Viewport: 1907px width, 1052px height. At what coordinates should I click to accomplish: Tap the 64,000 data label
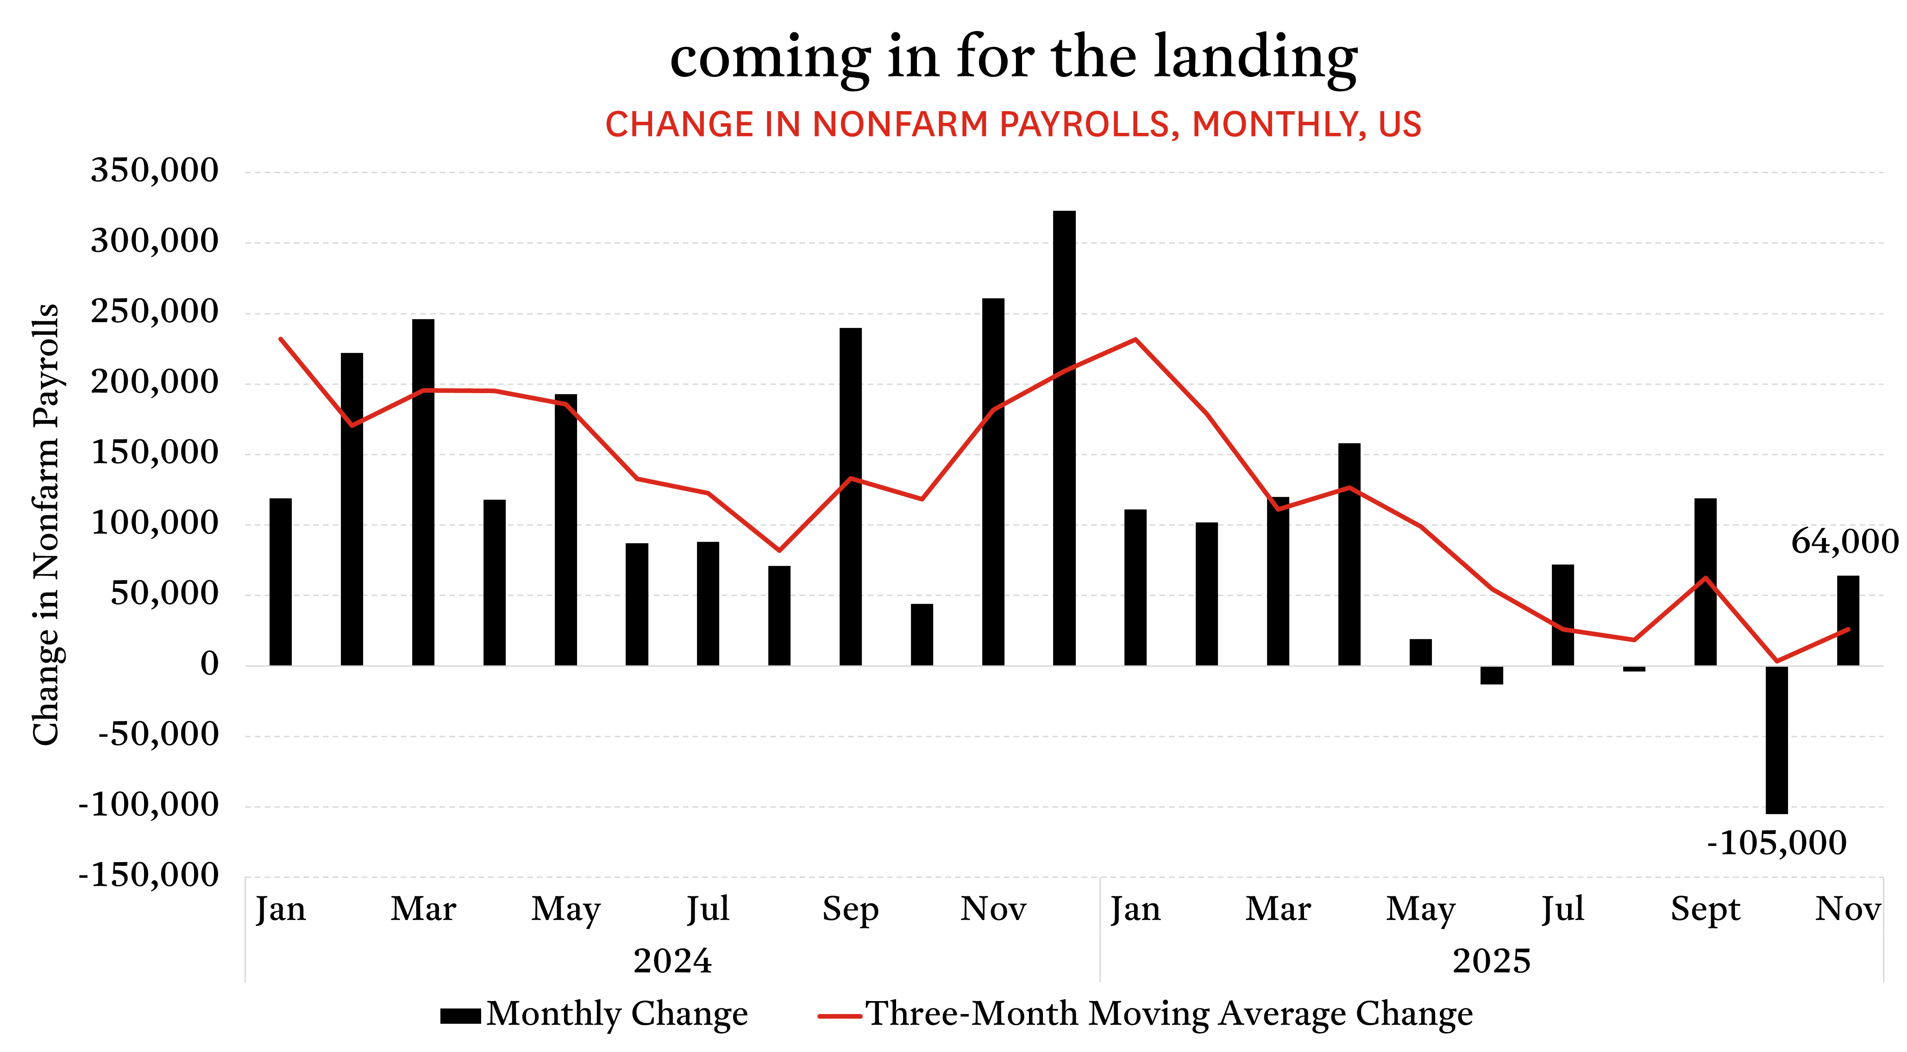pos(1844,542)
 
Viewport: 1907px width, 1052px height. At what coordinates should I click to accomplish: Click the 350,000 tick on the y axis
pos(155,170)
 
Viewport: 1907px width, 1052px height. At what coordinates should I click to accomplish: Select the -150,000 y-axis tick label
pos(149,875)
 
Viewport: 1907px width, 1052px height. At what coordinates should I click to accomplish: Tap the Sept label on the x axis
pos(1705,909)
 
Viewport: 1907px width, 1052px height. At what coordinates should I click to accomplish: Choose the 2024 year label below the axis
pos(672,961)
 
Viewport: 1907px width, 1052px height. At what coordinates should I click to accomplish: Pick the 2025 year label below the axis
pos(1491,961)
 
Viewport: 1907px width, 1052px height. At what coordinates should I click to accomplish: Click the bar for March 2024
pos(423,492)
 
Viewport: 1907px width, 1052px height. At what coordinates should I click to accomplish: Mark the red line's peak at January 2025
pos(1135,340)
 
